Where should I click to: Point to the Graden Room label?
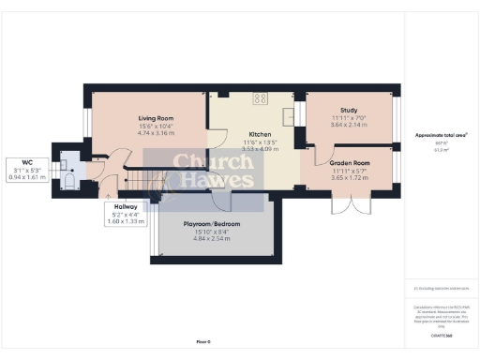point(350,163)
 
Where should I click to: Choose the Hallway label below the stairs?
point(126,206)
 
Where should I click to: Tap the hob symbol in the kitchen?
point(260,99)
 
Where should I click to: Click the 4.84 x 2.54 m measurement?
point(209,239)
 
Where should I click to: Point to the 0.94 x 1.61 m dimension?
point(26,176)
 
